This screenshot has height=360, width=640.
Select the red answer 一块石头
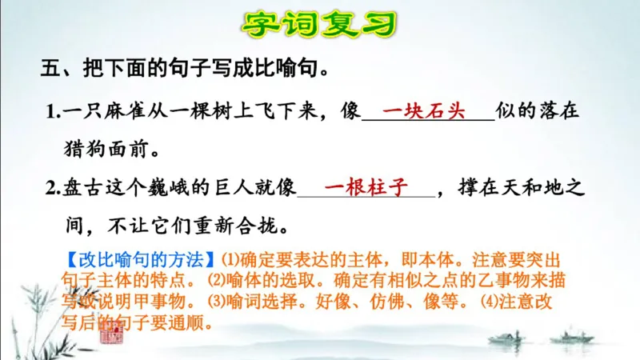pos(423,111)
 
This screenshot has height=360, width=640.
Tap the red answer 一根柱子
pos(366,188)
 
